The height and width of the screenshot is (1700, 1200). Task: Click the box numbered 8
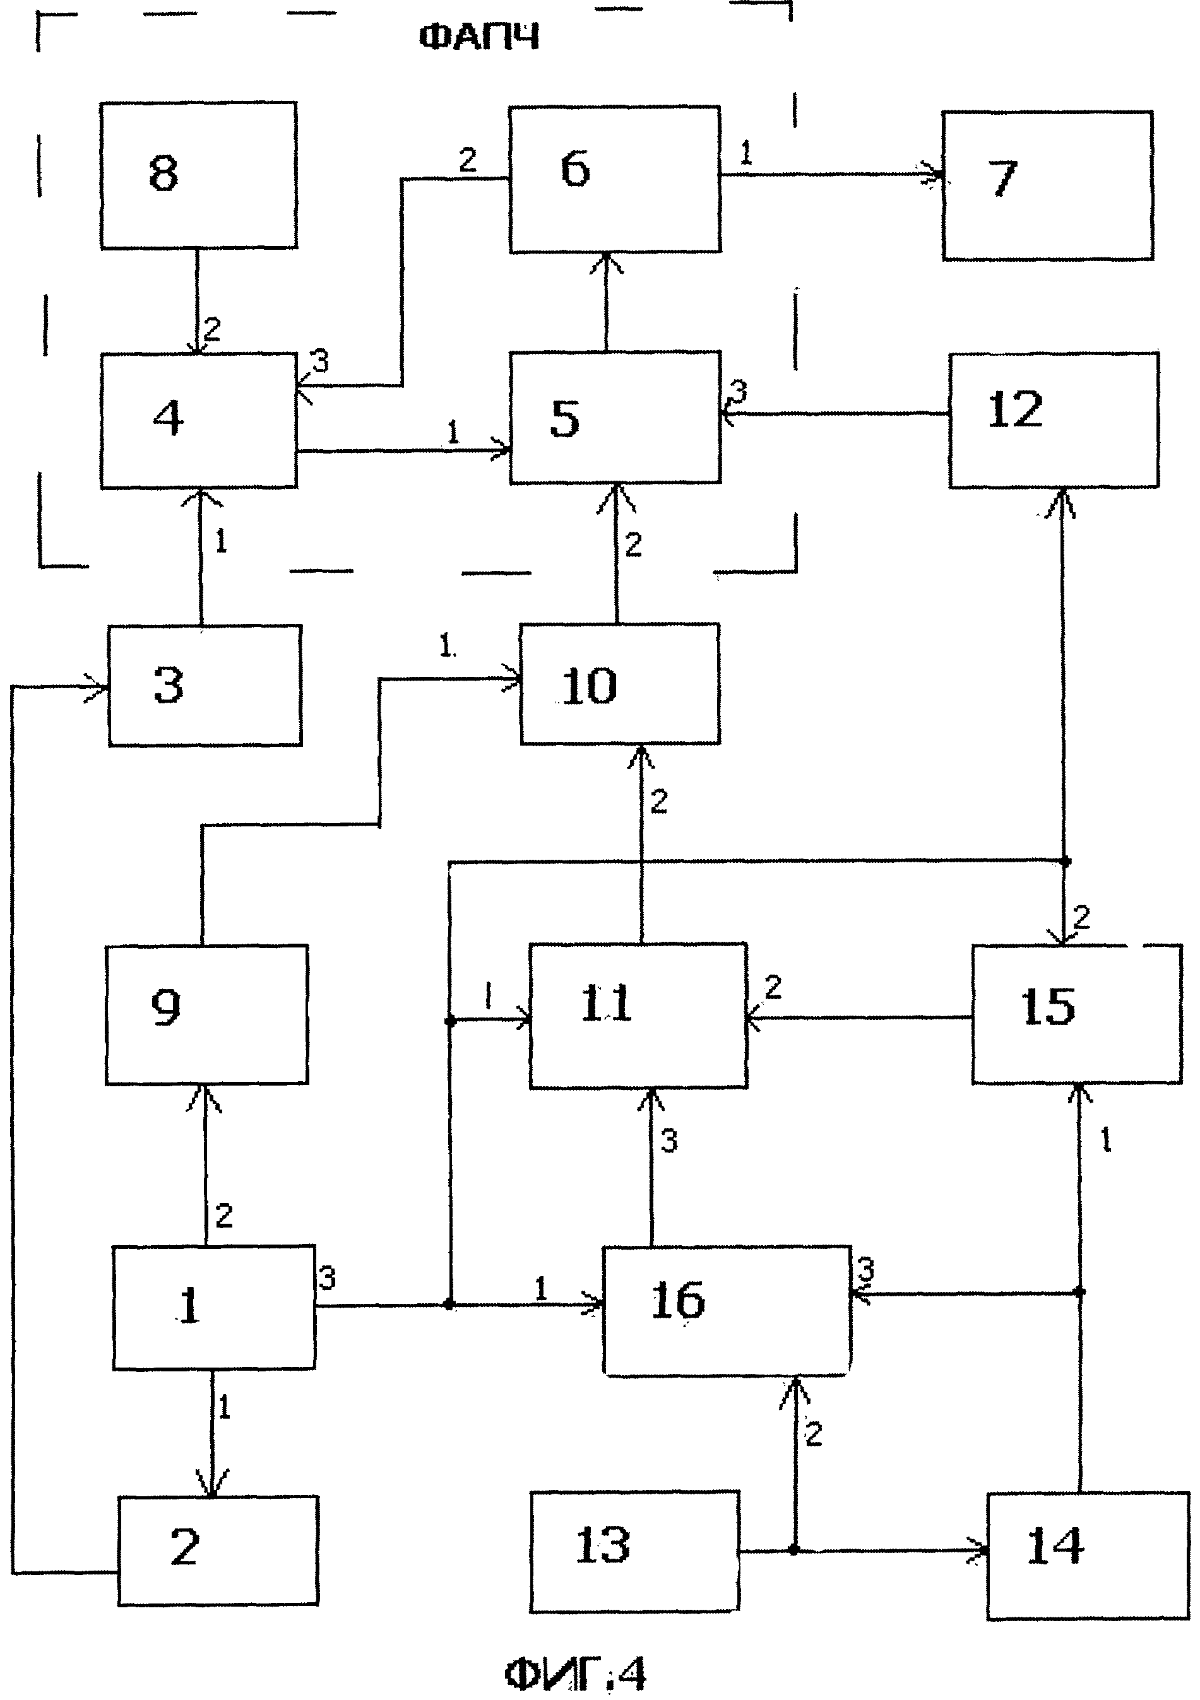(x=198, y=175)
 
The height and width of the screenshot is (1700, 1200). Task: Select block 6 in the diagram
(x=614, y=179)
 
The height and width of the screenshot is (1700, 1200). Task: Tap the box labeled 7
(x=1047, y=185)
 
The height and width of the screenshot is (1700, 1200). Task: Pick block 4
(x=198, y=420)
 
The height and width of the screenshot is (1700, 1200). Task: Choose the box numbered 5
(x=615, y=418)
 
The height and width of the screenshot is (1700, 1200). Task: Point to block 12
(x=1054, y=420)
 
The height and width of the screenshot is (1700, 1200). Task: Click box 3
(x=205, y=685)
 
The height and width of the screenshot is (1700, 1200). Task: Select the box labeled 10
(x=619, y=683)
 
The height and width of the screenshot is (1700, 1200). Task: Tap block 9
(x=206, y=1014)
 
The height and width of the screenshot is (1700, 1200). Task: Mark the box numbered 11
(x=638, y=1016)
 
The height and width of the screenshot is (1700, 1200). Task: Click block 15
(x=1076, y=1014)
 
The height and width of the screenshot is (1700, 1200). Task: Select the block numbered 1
(x=213, y=1308)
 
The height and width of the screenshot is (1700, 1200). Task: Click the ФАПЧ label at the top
(x=478, y=37)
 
